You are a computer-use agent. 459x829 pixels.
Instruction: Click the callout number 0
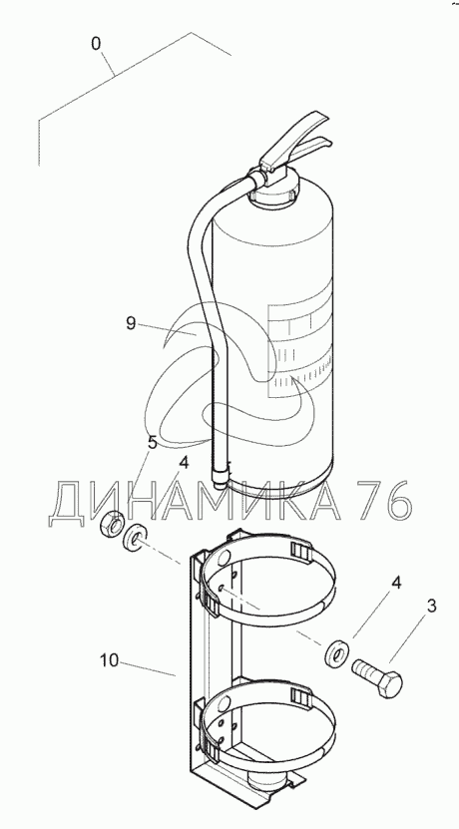click(x=96, y=44)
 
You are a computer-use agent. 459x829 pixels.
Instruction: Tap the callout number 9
click(x=131, y=322)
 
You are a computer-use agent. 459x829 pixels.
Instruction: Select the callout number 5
click(x=153, y=443)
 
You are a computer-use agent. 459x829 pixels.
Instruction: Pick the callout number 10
click(x=111, y=660)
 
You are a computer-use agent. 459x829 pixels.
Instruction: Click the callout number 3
click(x=431, y=606)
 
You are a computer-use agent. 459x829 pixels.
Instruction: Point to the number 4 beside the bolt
click(x=396, y=584)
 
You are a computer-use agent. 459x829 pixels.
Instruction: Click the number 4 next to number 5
click(x=184, y=463)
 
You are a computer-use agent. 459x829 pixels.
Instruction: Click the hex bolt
click(x=377, y=677)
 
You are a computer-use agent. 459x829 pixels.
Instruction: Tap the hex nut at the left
click(x=112, y=523)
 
